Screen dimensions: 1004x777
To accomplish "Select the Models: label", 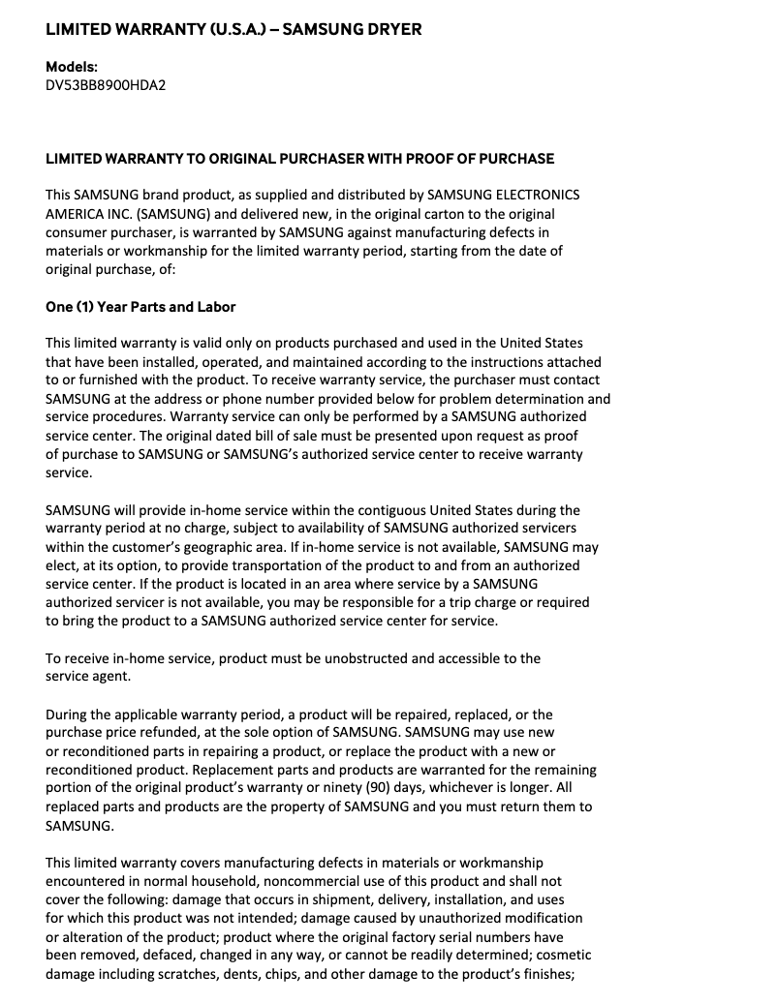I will (x=72, y=67).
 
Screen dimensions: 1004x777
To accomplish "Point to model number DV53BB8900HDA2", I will (x=106, y=85).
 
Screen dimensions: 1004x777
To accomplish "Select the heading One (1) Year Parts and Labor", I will (x=140, y=307).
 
